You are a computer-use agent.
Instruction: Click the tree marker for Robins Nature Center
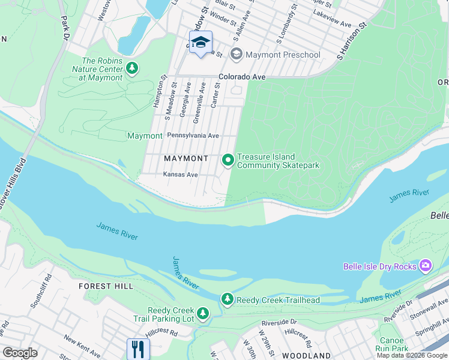(132, 69)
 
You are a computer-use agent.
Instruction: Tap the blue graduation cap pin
(200, 43)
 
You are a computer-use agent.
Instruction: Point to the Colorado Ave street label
(242, 77)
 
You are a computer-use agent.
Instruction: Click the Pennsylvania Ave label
(193, 136)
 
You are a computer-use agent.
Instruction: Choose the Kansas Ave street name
(180, 175)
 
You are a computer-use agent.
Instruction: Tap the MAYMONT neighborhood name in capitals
(186, 158)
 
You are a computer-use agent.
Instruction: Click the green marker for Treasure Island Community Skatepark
(228, 160)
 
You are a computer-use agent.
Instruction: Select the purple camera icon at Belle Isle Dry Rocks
(426, 265)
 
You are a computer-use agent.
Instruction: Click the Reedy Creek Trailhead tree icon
(227, 298)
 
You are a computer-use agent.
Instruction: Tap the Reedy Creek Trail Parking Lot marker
(203, 313)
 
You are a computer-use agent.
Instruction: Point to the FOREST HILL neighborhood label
(106, 286)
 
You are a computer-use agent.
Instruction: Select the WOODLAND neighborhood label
(306, 355)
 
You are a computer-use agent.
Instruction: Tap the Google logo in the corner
(20, 352)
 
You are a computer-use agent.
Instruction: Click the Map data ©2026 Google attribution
(412, 355)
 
